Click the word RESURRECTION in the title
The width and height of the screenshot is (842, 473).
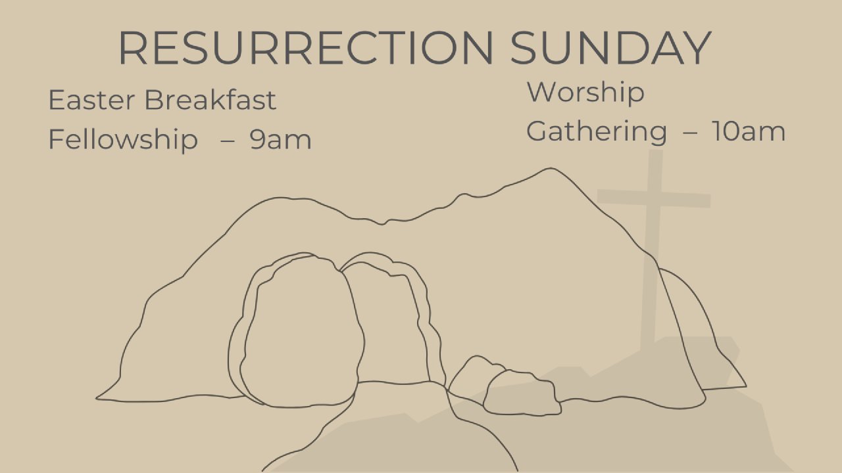[306, 48]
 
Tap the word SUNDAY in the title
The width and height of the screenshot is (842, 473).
[611, 48]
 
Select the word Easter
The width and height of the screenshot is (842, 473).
[91, 100]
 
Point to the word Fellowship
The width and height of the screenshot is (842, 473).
[123, 139]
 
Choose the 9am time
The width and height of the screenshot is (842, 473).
[280, 140]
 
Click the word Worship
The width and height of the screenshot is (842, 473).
[585, 92]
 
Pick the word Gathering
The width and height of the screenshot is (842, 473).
[597, 131]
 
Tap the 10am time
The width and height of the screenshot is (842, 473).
[749, 132]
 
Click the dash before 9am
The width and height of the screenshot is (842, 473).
[228, 141]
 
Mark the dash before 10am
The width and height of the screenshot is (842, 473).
[690, 133]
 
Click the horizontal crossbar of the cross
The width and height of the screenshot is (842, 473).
[654, 198]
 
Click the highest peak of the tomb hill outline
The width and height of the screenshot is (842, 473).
[551, 169]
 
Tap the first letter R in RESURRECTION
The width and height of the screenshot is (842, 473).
[133, 48]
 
